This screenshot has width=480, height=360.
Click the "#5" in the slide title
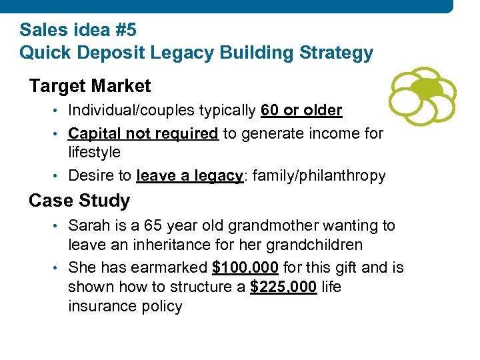(125, 30)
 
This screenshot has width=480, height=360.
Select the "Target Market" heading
(90, 86)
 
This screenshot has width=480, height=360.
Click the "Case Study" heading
(79, 200)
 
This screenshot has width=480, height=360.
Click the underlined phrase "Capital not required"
(143, 133)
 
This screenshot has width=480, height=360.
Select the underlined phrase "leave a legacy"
(189, 176)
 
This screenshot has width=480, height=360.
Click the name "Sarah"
(89, 225)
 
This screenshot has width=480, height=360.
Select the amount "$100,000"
(245, 268)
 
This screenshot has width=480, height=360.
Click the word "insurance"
(100, 307)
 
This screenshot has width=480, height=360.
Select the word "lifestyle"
(95, 152)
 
